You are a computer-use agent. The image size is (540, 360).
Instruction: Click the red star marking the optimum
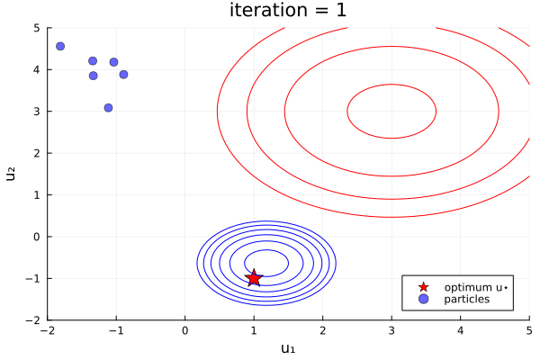tap(254, 278)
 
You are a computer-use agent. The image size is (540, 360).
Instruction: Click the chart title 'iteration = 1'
tap(289, 11)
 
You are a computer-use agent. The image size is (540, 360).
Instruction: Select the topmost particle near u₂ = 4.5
tap(60, 46)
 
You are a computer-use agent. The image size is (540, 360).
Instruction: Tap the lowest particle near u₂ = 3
tap(108, 108)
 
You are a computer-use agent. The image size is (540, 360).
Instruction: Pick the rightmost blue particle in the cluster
tap(123, 75)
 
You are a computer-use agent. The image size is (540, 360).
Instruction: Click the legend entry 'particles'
tap(467, 299)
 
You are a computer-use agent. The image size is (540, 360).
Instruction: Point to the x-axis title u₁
tap(288, 348)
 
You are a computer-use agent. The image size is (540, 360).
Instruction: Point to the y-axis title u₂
tap(12, 173)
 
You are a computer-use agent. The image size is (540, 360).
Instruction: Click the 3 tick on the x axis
tap(391, 330)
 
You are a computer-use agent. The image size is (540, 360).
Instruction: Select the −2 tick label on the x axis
tap(47, 330)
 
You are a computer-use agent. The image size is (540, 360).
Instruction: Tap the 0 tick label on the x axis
tap(185, 330)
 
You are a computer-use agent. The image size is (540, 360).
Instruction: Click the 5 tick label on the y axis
tap(35, 28)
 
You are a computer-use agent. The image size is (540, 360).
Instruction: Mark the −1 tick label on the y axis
tap(31, 278)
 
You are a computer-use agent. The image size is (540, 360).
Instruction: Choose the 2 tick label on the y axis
tap(35, 153)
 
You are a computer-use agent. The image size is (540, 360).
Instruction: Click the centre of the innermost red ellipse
tap(391, 112)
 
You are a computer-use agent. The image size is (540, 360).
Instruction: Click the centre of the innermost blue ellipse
tap(266, 264)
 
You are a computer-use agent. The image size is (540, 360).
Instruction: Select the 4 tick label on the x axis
tap(461, 330)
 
